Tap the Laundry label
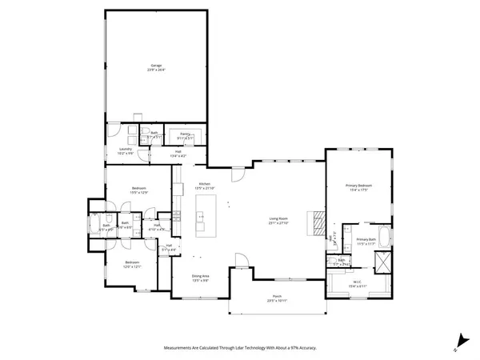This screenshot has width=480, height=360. tap(126, 150)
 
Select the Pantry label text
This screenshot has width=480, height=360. tap(184, 135)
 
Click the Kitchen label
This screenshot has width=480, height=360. tap(204, 186)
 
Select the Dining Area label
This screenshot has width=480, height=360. tap(200, 278)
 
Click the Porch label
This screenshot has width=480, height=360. tap(277, 299)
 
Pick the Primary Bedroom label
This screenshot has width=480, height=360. tap(358, 188)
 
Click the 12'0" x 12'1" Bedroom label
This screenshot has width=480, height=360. tap(132, 264)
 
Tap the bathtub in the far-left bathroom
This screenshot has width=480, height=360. tap(95, 222)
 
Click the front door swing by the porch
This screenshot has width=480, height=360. tap(238, 260)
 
